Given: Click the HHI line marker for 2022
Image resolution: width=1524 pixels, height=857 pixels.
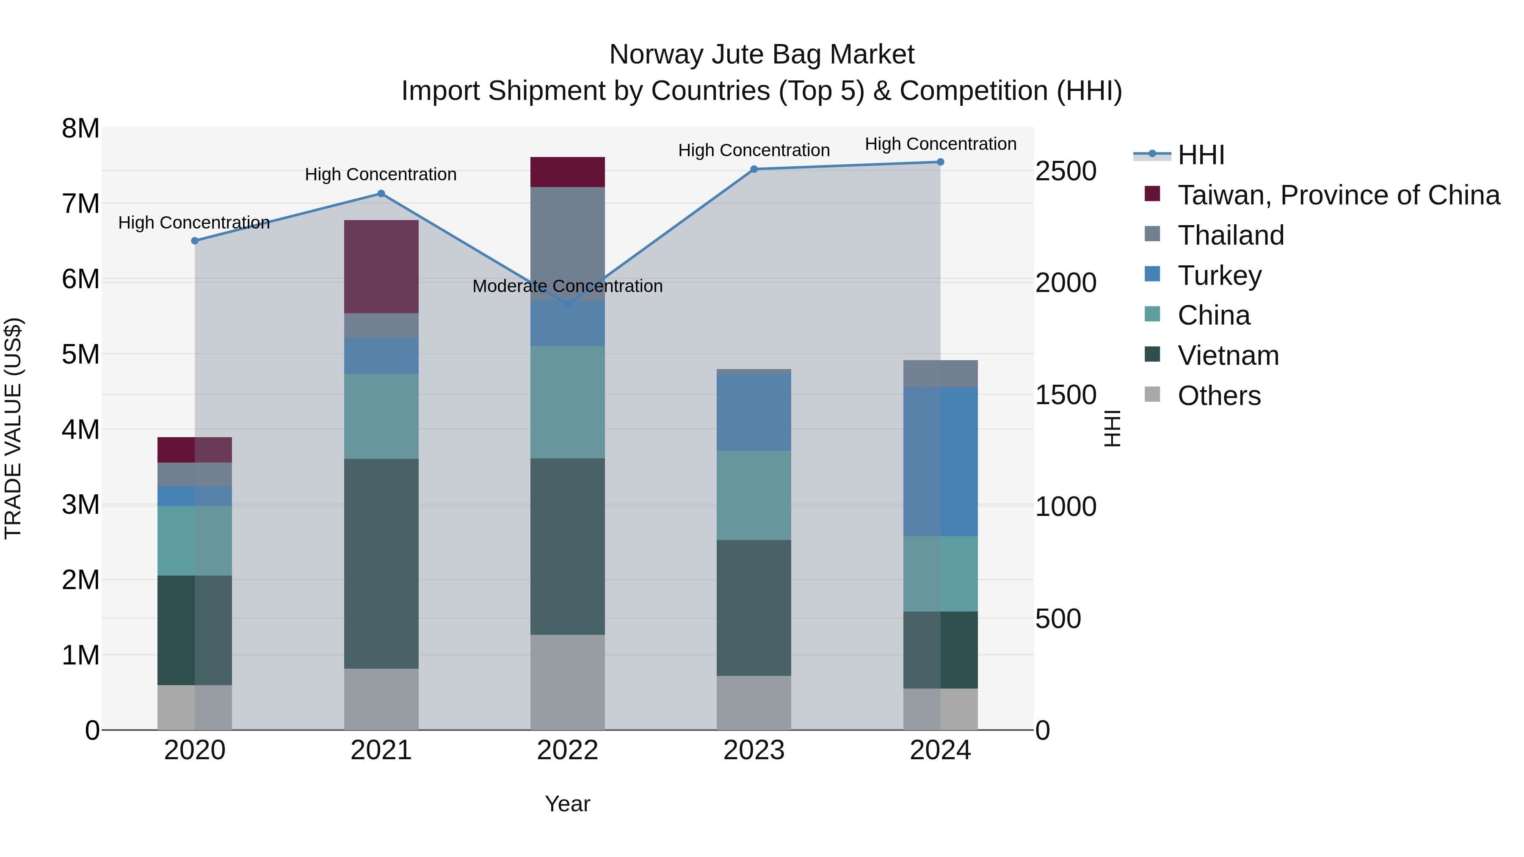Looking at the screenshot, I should [x=567, y=304].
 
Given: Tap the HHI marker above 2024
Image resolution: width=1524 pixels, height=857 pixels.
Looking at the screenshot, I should [x=940, y=162].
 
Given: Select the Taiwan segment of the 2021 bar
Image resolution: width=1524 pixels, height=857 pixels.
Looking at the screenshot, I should [x=381, y=266].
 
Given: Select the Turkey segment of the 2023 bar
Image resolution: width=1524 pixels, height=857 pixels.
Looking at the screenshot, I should [x=754, y=412].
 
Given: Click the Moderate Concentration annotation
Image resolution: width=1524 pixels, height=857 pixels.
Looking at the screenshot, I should [x=567, y=286].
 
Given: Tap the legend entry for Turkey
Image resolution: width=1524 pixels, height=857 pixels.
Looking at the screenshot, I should [x=1219, y=276].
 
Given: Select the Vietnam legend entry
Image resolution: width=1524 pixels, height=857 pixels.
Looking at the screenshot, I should [x=1228, y=355].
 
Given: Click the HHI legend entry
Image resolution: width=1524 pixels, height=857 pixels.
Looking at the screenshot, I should [x=1201, y=155].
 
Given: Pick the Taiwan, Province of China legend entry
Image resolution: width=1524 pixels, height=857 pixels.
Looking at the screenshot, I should [x=1338, y=195].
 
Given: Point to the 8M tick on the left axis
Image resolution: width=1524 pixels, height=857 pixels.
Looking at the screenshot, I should [x=80, y=128].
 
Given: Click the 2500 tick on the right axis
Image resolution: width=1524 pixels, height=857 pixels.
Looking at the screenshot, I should [x=1066, y=171].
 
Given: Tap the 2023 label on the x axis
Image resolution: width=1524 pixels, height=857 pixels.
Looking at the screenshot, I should [x=754, y=750].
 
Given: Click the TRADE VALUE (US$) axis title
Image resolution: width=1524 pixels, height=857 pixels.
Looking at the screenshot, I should [x=13, y=428].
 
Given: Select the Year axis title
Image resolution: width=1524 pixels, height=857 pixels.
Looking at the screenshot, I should [x=567, y=804].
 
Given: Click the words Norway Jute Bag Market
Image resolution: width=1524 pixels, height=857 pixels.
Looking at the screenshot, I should [x=762, y=55].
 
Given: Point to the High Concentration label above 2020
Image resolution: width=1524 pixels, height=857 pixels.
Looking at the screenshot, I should [x=194, y=223].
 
